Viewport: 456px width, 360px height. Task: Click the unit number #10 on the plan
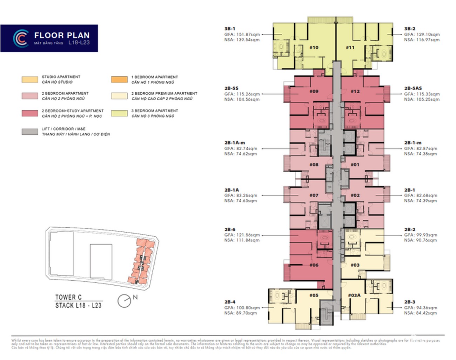coord(314,47)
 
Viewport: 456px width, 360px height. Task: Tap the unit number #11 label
coord(350,47)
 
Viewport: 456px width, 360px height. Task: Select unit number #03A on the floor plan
coord(354,295)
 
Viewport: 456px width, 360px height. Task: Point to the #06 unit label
coord(314,265)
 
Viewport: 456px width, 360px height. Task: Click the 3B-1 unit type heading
coord(230,29)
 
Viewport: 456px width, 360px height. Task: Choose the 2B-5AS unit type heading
coord(413,88)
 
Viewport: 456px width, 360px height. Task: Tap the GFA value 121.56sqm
coord(247,235)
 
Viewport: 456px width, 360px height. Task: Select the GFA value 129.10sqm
coord(428,34)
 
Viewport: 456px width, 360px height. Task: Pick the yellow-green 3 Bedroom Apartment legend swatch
coord(119,113)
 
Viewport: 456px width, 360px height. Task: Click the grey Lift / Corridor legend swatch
coord(30,132)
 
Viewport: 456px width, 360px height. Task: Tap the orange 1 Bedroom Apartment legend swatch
coord(119,80)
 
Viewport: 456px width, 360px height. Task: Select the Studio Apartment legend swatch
coord(30,80)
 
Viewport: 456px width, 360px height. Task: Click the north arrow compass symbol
coord(124,301)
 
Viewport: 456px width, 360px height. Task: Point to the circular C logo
coord(21,38)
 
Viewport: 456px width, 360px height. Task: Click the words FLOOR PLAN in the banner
coord(62,35)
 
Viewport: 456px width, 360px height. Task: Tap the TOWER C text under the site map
coord(68,298)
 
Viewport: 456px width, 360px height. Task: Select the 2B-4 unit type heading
coord(230,302)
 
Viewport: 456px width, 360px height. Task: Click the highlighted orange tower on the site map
coord(142,261)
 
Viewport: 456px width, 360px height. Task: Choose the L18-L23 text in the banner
coord(79,42)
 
